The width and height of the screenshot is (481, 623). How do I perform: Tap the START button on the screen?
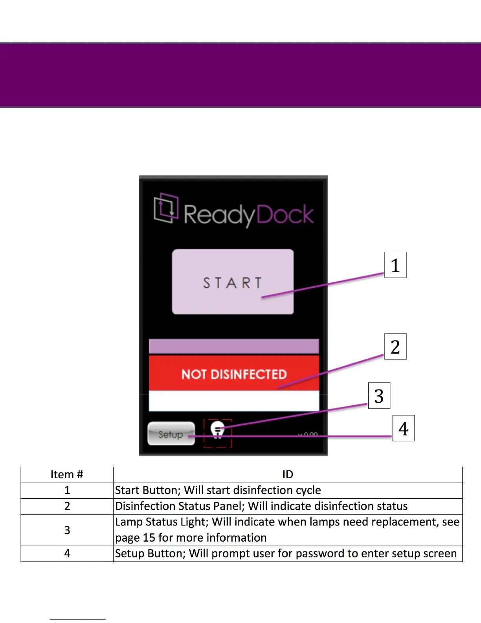[x=233, y=282]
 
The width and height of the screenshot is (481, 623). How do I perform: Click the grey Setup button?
[x=171, y=433]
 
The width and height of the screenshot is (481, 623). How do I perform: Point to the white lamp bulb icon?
[x=217, y=429]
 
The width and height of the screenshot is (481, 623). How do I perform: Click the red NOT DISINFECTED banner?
[x=234, y=374]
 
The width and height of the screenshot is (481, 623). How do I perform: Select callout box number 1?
[x=395, y=265]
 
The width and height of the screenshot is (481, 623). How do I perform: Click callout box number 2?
[x=395, y=347]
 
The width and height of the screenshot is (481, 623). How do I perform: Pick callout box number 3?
[x=379, y=395]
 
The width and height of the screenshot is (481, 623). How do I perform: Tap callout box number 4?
[x=403, y=428]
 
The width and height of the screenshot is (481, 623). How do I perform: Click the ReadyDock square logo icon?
[x=166, y=208]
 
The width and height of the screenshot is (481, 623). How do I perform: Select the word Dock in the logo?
[x=285, y=215]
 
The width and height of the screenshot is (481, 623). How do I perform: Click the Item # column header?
[x=67, y=475]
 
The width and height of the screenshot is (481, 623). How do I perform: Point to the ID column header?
[x=288, y=475]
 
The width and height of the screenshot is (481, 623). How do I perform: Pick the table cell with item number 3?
[x=67, y=530]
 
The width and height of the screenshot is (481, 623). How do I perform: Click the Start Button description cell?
[x=288, y=490]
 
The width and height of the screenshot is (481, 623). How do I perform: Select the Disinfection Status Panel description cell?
[x=288, y=506]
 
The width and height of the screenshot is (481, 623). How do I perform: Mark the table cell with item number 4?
[x=67, y=554]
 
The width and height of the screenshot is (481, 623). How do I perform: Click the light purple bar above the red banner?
[x=234, y=347]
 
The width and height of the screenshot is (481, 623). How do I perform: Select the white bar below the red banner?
[x=234, y=401]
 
